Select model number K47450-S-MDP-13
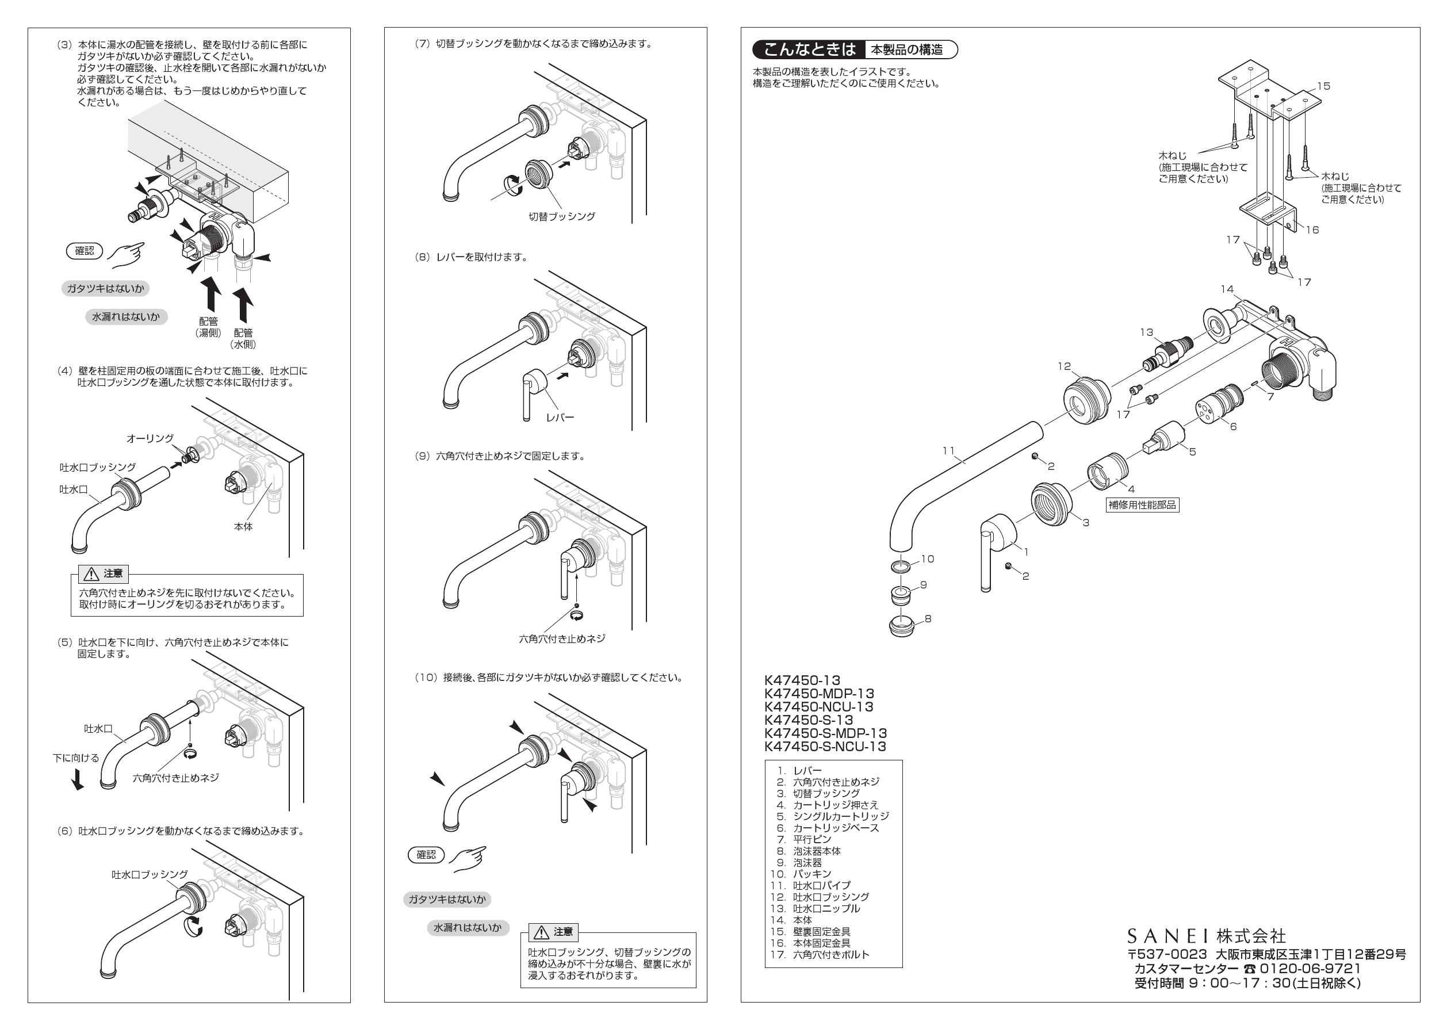click(825, 733)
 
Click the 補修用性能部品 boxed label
click(1142, 505)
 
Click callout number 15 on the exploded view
click(1323, 86)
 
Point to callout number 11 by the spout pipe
click(948, 450)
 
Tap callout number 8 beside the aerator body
click(928, 618)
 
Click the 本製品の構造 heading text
click(906, 50)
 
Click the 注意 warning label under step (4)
click(105, 573)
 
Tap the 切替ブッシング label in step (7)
click(561, 216)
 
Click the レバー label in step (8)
click(560, 417)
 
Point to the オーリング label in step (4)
click(150, 438)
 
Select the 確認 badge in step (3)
click(85, 251)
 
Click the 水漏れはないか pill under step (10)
click(467, 928)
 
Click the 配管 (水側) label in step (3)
click(243, 338)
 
